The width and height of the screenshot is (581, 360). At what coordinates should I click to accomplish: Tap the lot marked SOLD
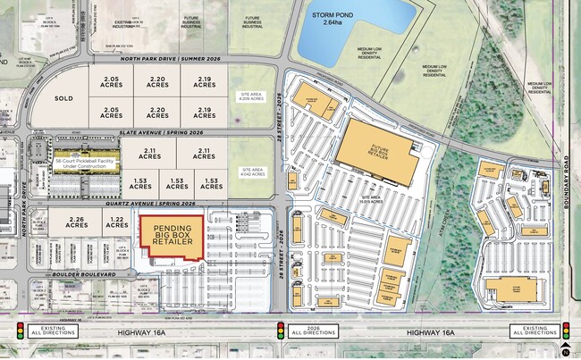tap(64, 98)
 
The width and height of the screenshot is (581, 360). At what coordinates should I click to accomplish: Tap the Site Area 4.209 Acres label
tap(252, 98)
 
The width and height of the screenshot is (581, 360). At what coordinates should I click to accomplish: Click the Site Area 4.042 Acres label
tap(252, 172)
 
